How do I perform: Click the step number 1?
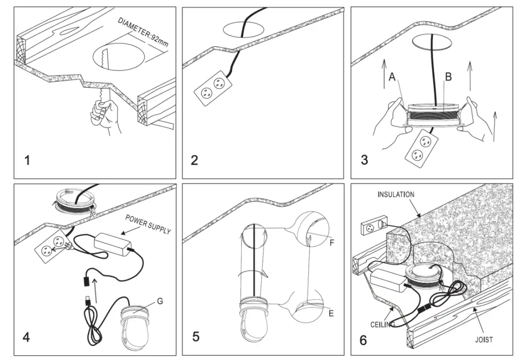point(27,161)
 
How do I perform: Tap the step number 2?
point(194,161)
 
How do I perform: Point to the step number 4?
point(27,337)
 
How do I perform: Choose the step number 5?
point(196,337)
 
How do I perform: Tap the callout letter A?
point(391,77)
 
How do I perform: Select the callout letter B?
point(448,77)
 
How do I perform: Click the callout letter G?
point(160,301)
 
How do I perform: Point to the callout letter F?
point(331,242)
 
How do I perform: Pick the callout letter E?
point(331,313)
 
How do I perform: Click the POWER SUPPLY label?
point(148,225)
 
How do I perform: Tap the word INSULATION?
point(396,195)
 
